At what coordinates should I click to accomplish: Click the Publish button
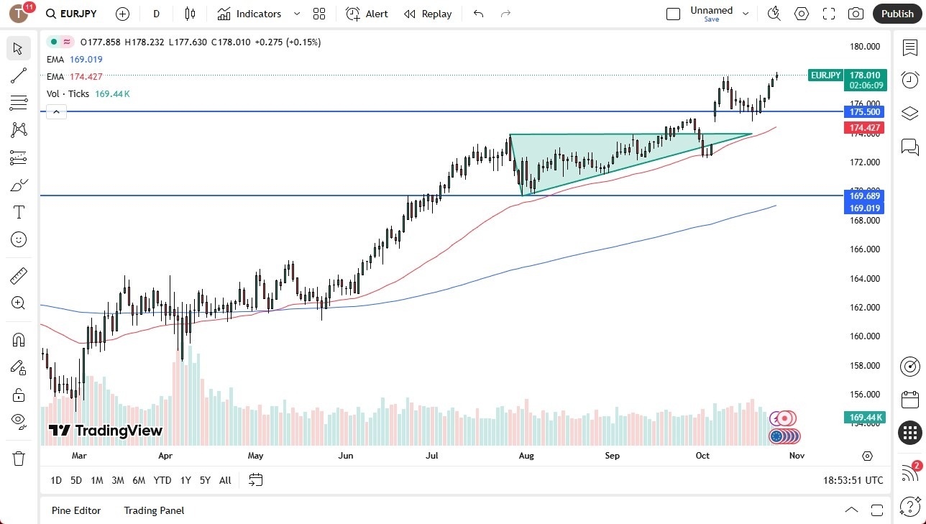[897, 14]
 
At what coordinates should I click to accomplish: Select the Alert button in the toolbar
[367, 14]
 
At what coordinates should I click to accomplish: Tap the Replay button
[428, 14]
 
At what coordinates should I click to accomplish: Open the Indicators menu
[259, 14]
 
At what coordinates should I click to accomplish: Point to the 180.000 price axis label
[864, 47]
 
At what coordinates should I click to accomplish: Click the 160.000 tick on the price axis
[864, 336]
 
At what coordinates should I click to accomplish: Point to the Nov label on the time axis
[796, 456]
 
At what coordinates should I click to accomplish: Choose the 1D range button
[56, 480]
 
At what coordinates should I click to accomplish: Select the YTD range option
[162, 480]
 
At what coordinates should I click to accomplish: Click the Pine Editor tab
[76, 510]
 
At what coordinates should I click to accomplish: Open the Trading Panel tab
[154, 510]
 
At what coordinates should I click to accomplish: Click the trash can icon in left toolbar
[19, 458]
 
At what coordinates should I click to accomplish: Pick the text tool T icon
[19, 212]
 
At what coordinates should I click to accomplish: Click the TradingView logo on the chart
[106, 431]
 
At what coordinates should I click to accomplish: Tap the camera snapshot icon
[856, 14]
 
